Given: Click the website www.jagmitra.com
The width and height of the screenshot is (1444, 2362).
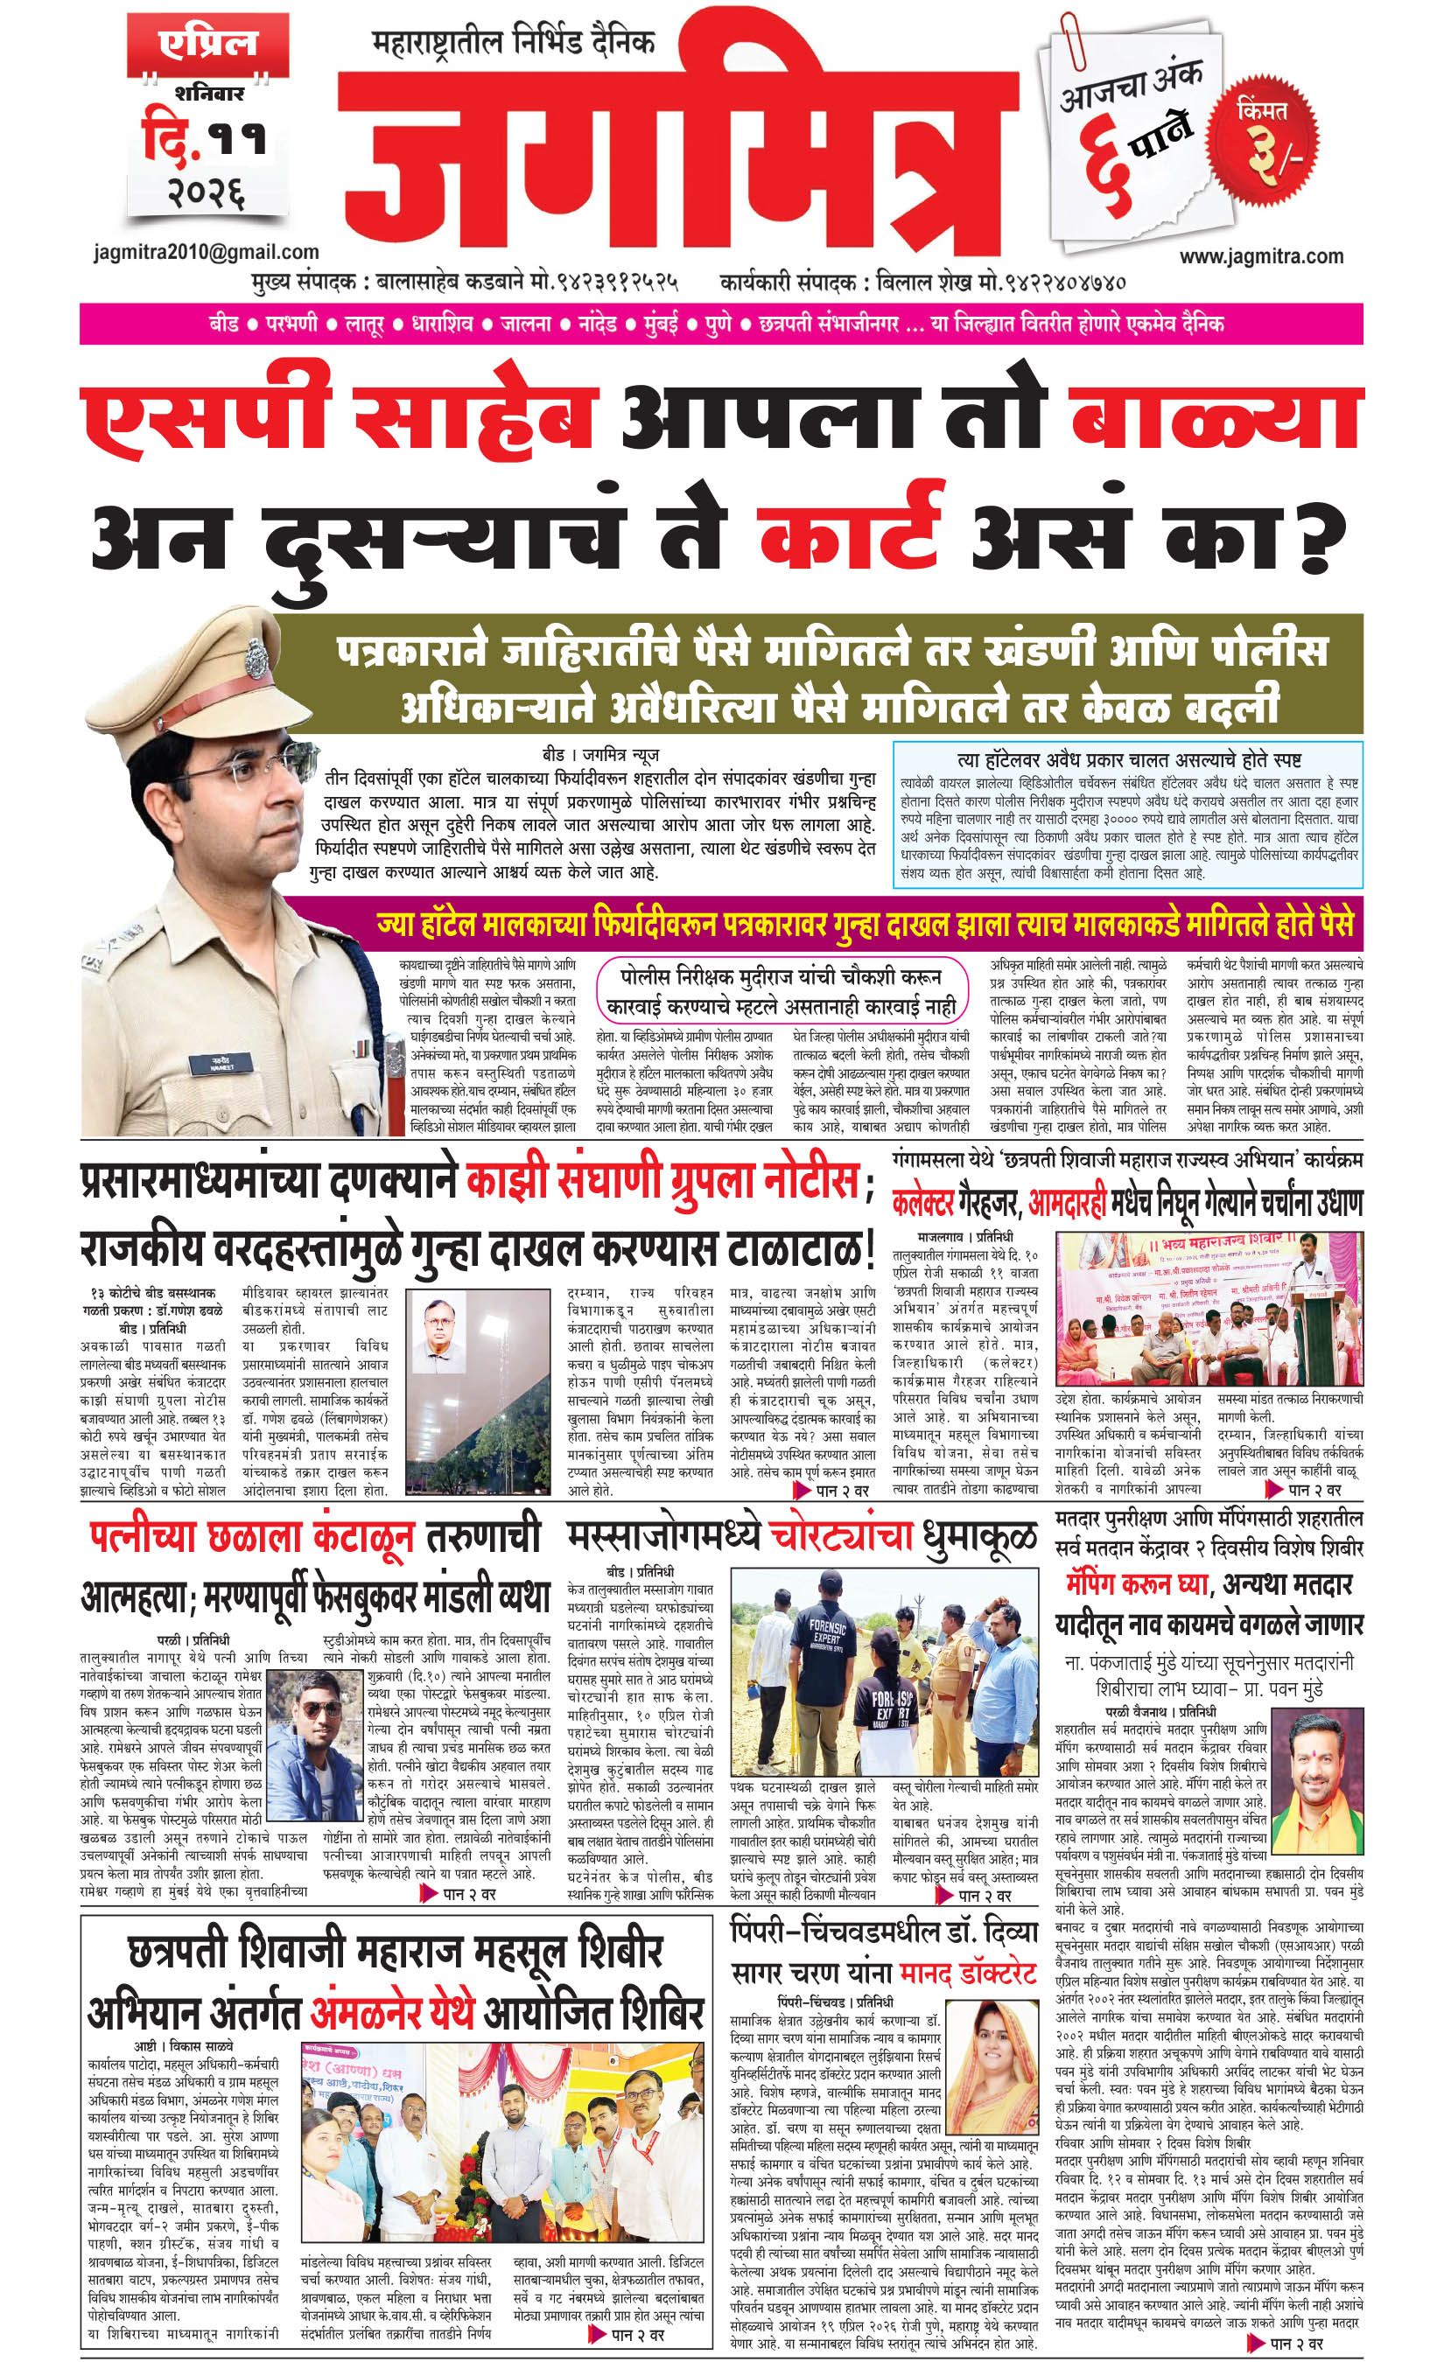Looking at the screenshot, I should (x=1261, y=256).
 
